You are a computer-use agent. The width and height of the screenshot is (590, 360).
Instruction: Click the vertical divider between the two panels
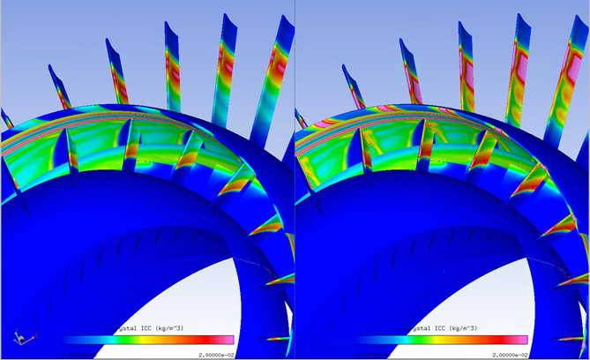pyautogui.click(x=294, y=176)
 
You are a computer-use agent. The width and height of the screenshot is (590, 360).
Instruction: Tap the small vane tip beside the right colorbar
pyautogui.click(x=573, y=340)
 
